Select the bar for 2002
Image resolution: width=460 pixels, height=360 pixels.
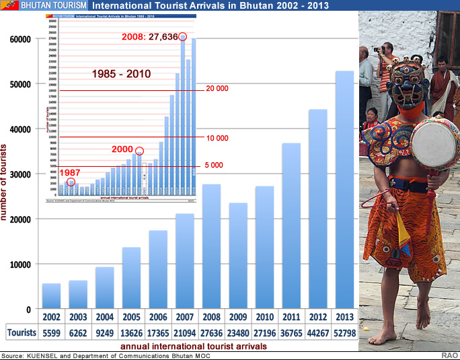click(x=51, y=296)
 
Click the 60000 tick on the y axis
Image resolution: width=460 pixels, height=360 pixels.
click(x=20, y=39)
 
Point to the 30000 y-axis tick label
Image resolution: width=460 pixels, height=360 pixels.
click(x=20, y=174)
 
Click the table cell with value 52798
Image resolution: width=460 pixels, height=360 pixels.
click(x=344, y=332)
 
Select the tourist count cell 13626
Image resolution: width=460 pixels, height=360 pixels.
click(x=131, y=332)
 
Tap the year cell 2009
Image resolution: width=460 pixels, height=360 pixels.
click(x=238, y=317)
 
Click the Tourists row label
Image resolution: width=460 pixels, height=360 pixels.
click(x=21, y=332)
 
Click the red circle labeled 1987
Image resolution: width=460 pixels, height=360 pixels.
click(x=71, y=182)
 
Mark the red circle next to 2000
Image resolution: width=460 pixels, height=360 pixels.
click(x=139, y=151)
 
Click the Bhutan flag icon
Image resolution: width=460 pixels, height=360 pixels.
click(x=9, y=5)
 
